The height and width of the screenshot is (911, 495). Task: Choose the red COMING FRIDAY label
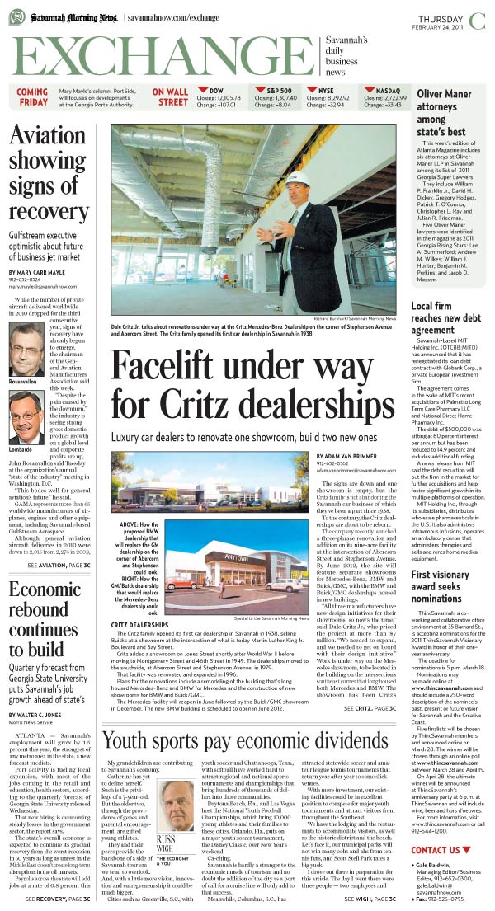[x=33, y=97]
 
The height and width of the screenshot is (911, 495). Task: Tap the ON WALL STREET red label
[x=172, y=97]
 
